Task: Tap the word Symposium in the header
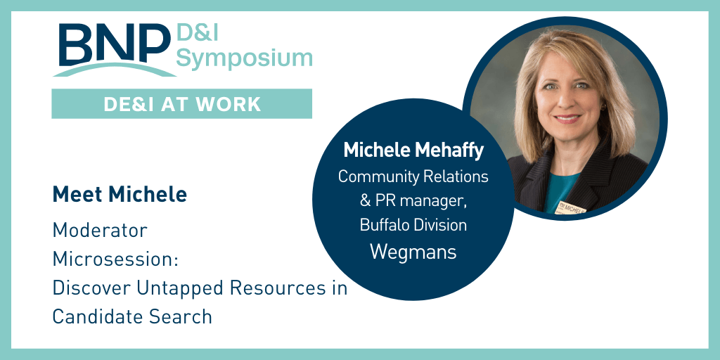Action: [244, 58]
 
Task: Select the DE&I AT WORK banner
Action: [181, 104]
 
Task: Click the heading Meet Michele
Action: [120, 195]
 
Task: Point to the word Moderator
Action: [100, 231]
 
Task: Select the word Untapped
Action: [204, 288]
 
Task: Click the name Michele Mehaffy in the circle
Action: [413, 150]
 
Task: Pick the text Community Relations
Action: [413, 176]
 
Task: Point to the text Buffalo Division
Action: [413, 225]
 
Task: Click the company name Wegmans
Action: [413, 251]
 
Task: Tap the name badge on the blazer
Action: [572, 207]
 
